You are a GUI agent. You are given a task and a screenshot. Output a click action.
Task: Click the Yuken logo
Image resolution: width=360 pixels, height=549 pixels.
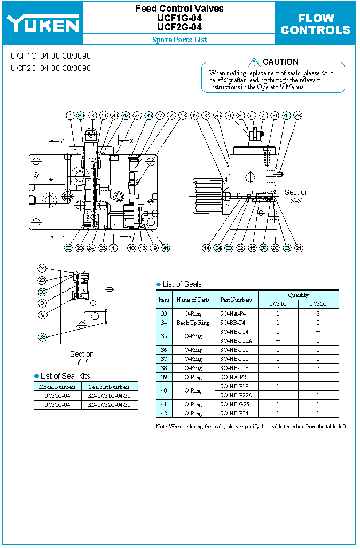(x=43, y=23)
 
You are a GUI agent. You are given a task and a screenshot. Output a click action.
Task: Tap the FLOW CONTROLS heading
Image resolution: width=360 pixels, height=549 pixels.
(x=315, y=24)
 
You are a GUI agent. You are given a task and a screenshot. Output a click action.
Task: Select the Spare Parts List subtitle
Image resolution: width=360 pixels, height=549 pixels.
(x=179, y=40)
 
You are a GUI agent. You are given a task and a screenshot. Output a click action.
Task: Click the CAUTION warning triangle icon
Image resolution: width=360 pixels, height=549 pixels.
(x=254, y=62)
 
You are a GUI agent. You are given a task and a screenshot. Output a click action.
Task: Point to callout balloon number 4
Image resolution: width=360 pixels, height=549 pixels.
(x=70, y=115)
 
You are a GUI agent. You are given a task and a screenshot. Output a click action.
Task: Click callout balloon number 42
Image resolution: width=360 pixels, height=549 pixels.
(x=126, y=115)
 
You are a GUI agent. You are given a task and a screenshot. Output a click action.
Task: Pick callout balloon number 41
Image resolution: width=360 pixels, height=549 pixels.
(x=166, y=248)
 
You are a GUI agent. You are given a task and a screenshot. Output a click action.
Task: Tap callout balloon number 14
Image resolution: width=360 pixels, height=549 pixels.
(x=206, y=248)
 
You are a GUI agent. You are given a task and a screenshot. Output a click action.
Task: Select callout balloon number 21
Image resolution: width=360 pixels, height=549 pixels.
(x=299, y=248)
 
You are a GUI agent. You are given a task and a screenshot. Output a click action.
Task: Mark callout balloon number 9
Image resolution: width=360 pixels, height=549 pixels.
(x=42, y=315)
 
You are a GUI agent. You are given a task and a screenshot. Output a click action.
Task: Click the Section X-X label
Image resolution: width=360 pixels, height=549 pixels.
(x=296, y=196)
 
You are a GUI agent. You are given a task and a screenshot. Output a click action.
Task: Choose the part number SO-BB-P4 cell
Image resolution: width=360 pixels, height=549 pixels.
(x=233, y=323)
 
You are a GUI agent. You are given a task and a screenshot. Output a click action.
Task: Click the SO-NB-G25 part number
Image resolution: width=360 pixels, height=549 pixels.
(x=234, y=404)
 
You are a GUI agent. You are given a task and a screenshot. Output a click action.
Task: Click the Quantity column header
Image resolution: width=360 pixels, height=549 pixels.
(x=298, y=295)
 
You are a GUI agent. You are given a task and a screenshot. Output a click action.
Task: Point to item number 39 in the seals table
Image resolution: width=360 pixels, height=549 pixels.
(x=164, y=377)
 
